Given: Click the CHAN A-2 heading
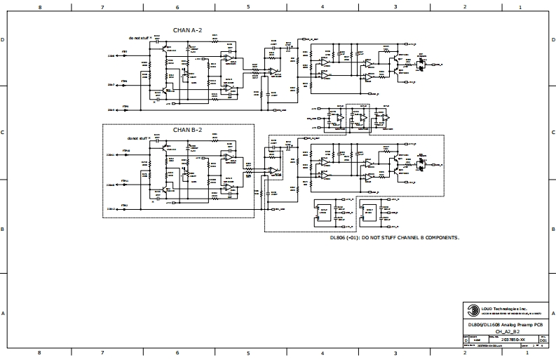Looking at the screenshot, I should [188, 31].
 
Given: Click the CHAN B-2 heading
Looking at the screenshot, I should [188, 130].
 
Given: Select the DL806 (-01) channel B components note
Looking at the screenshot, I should [395, 238].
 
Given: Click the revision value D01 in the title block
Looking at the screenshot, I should [543, 339].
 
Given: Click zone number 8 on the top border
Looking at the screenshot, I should [39, 6].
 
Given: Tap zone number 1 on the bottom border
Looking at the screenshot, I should [519, 352].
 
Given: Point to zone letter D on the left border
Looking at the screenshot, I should [4, 40].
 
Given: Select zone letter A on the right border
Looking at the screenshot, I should [551, 314].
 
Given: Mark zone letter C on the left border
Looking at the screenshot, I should [4, 132].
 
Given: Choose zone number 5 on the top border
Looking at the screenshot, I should [248, 6].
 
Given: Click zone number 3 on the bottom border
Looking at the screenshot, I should [395, 352].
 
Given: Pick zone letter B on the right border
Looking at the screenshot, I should [551, 229].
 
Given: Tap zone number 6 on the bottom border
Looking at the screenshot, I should [177, 352].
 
